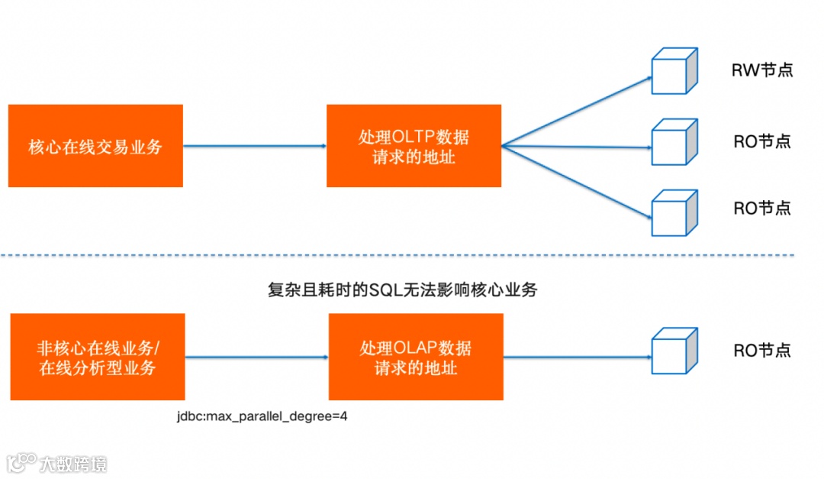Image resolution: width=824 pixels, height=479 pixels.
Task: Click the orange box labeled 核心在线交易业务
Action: click(95, 146)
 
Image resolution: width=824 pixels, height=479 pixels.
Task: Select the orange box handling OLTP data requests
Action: click(414, 146)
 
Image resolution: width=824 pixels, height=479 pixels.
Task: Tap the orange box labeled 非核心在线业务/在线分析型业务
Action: click(98, 357)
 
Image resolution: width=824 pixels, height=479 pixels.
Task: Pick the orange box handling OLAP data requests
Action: click(416, 357)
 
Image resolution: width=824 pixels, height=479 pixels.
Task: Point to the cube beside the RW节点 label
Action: click(674, 71)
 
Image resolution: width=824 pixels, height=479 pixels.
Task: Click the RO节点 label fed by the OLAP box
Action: click(762, 351)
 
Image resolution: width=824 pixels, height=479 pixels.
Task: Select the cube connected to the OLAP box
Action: click(674, 351)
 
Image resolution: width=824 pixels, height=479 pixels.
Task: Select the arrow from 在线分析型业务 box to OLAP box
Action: click(256, 357)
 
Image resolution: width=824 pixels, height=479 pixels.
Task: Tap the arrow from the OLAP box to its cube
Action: click(576, 357)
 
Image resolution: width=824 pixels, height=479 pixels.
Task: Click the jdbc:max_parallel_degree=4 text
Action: click(262, 417)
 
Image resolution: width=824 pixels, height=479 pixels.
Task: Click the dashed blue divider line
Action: click(412, 255)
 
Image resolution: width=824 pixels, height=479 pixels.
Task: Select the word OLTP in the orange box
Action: click(413, 138)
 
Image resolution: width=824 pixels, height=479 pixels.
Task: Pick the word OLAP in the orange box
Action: click(415, 348)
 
